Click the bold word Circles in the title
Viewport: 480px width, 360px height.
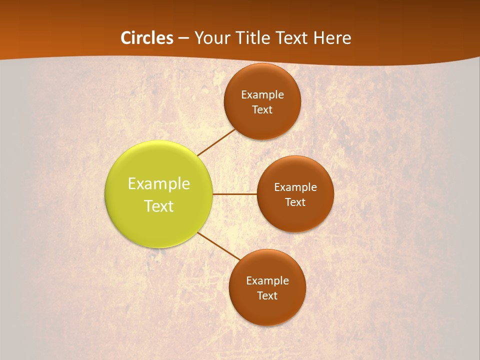[x=147, y=38]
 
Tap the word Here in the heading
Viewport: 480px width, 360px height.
[x=332, y=38]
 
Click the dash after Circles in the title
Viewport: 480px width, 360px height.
[x=183, y=38]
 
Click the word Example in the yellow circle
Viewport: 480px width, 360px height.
[x=159, y=184]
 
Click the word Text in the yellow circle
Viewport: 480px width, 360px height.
[x=159, y=206]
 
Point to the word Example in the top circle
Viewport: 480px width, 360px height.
[x=262, y=94]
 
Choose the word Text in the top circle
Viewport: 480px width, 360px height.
[x=262, y=109]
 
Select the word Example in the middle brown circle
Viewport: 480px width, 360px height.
[x=295, y=187]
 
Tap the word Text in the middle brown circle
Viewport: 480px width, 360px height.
[x=295, y=202]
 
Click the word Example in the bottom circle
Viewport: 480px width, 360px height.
[x=267, y=280]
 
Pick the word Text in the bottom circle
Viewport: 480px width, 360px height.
[x=267, y=295]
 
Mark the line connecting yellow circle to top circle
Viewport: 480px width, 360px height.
[x=216, y=142]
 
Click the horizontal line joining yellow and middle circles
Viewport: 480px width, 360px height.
[x=235, y=194]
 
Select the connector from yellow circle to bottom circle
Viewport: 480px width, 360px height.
[x=219, y=245]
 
